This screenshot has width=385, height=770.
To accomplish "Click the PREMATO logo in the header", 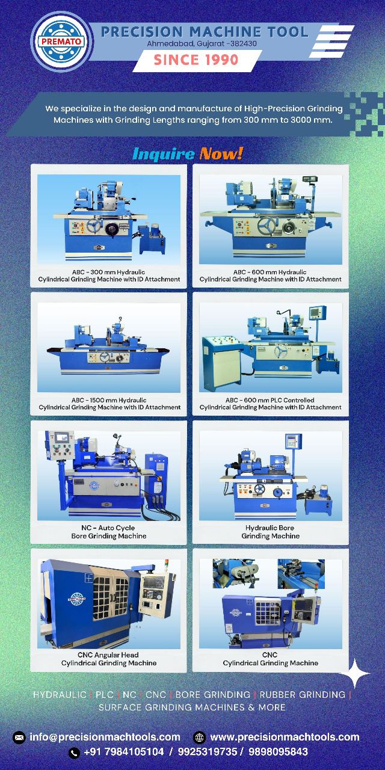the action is pos(62,42).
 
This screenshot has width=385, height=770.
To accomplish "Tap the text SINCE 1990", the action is pos(196,60).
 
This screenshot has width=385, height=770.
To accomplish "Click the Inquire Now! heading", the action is pos(188,153).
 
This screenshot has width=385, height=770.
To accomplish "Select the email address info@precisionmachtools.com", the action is pos(105,737).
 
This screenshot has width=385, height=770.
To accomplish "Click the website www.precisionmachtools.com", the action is pos(285,737).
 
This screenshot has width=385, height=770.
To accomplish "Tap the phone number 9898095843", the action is pos(278,752).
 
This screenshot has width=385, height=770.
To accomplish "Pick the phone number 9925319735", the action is pos(208,752).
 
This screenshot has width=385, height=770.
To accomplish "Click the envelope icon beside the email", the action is pos(19,738).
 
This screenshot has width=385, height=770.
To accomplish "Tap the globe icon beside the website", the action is pos(199,738).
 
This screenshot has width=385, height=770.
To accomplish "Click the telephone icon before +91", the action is pos(74,753).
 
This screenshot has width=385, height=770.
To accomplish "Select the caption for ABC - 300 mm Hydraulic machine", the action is pos(109,276).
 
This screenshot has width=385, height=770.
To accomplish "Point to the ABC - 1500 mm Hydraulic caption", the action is pos(109,404).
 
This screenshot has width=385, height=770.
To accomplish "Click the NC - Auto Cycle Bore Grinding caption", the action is pos(109,532).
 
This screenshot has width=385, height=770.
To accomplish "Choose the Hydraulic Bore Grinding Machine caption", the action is pos(270,532).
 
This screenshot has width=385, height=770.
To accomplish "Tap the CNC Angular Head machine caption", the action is pos(109,659).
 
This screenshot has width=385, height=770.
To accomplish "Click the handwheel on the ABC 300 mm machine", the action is pos(93,226).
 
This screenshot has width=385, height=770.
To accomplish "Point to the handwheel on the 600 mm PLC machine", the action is pos(281,351).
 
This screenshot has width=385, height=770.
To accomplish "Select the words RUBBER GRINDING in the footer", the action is pos(302,695).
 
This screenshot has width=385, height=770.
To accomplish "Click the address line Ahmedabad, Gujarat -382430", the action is pos(202,44).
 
